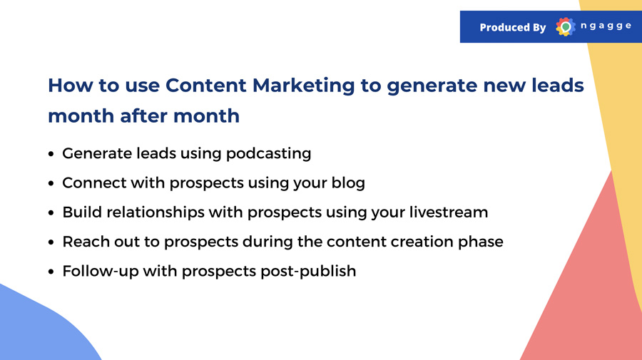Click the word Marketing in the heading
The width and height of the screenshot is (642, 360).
[x=303, y=86]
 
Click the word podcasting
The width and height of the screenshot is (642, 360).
[x=269, y=154]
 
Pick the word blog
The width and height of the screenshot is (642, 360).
[x=348, y=183]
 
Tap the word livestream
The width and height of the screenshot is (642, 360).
[x=449, y=212]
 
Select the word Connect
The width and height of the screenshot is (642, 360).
[x=94, y=183]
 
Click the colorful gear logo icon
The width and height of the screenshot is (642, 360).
[x=566, y=27]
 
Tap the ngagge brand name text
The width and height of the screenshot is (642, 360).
[x=606, y=26]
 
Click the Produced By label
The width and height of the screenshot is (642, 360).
[x=513, y=27]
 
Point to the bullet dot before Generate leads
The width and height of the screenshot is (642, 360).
[x=51, y=154]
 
